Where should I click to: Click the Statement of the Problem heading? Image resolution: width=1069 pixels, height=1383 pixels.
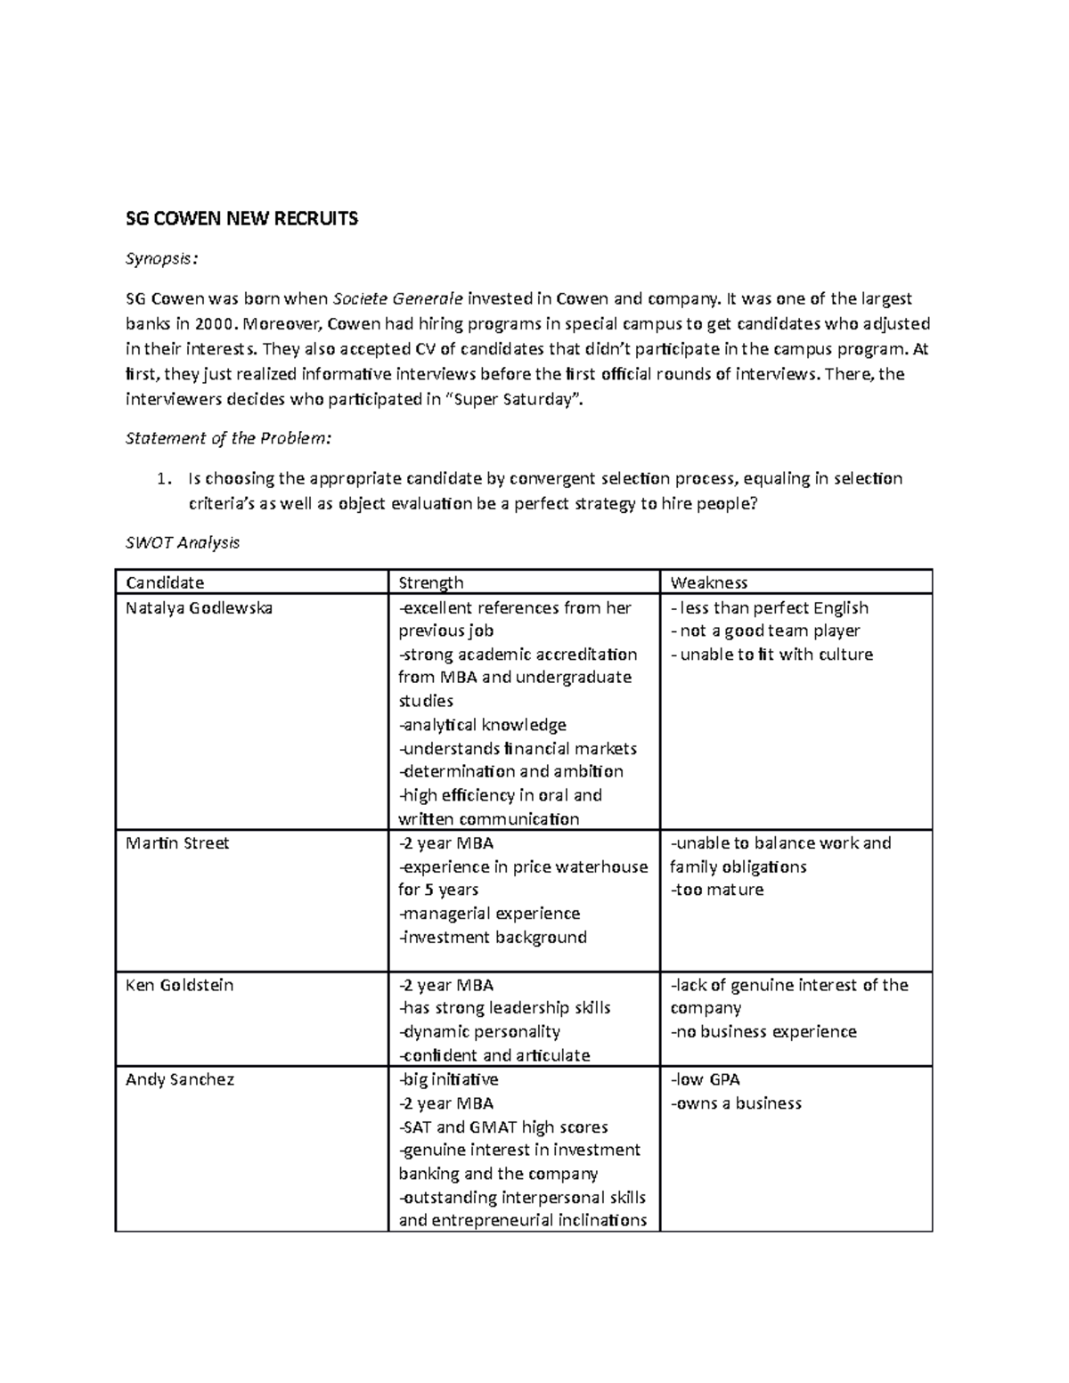pos(228,438)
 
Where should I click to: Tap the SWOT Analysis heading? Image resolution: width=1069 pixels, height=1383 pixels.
pos(183,542)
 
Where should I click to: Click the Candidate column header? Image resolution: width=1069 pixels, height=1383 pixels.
pos(165,582)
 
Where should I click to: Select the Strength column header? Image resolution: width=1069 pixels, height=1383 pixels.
pos(431,582)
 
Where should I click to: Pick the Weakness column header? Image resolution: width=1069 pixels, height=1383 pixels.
pos(709,582)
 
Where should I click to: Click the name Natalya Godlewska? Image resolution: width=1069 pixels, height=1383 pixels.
pos(199,608)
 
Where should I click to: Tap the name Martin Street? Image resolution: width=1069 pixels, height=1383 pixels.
pos(177,843)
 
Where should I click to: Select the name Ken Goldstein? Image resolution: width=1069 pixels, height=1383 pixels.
pos(179,985)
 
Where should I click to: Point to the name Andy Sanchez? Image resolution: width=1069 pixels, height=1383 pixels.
pos(180,1079)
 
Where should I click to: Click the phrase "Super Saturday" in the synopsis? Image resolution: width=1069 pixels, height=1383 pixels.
pos(513,399)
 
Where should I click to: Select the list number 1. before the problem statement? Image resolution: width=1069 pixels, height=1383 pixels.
pos(162,479)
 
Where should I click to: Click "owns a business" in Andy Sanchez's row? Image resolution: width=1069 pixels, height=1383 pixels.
pos(737,1103)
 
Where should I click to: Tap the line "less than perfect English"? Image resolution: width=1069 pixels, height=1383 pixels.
pos(771,608)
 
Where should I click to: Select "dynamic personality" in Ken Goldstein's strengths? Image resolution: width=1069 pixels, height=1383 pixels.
pos(480,1032)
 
